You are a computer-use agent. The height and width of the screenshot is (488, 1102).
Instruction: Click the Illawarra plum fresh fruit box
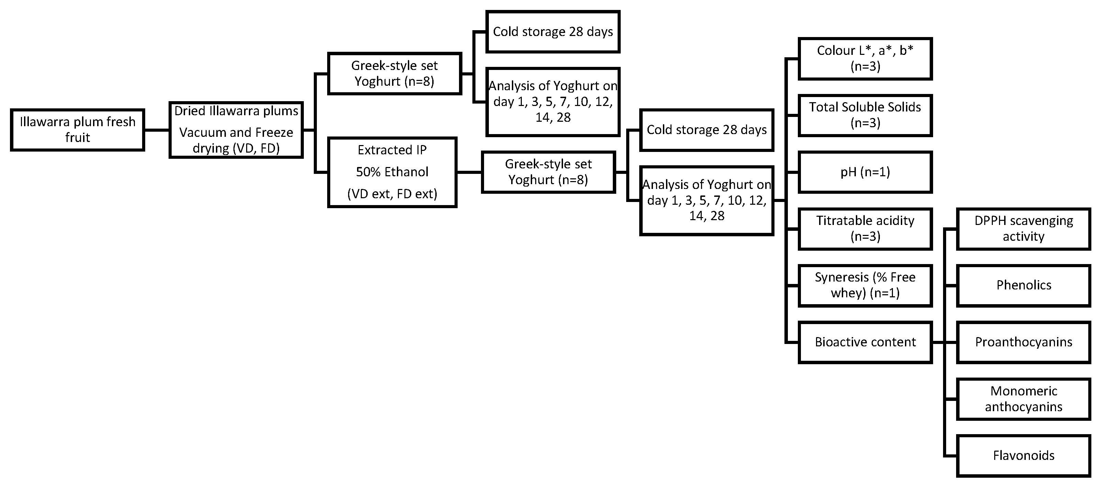pyautogui.click(x=78, y=130)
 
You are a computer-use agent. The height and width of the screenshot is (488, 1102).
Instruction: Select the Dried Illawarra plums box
pyautogui.click(x=236, y=130)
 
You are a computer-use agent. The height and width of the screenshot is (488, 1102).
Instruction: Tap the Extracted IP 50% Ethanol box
pyautogui.click(x=392, y=172)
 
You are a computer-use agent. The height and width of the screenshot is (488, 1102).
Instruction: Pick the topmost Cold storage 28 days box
pyautogui.click(x=553, y=32)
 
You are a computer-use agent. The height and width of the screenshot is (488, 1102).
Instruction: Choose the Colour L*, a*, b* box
pyautogui.click(x=865, y=59)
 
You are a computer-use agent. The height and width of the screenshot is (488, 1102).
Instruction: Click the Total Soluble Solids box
pyautogui.click(x=865, y=115)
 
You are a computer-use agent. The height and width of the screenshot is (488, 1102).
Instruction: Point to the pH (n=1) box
pyautogui.click(x=865, y=172)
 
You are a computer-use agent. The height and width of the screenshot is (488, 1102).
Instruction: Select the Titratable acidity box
pyautogui.click(x=865, y=229)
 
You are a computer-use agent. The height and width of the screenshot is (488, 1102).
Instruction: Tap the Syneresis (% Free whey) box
pyautogui.click(x=865, y=285)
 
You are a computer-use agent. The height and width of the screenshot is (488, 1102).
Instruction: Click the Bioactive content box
pyautogui.click(x=865, y=342)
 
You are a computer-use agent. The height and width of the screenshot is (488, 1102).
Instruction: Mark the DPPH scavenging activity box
pyautogui.click(x=1023, y=229)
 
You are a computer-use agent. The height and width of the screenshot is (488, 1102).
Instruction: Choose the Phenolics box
pyautogui.click(x=1023, y=285)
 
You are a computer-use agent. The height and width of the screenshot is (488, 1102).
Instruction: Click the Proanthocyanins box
pyautogui.click(x=1023, y=342)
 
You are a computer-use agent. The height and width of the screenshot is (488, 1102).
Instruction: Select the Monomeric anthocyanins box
pyautogui.click(x=1023, y=399)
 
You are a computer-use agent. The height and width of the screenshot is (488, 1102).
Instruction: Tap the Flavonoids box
pyautogui.click(x=1023, y=455)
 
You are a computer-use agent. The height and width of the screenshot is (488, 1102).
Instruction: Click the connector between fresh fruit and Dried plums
pyautogui.click(x=157, y=130)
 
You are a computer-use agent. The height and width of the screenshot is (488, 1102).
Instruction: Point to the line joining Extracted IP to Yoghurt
pyautogui.click(x=469, y=172)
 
